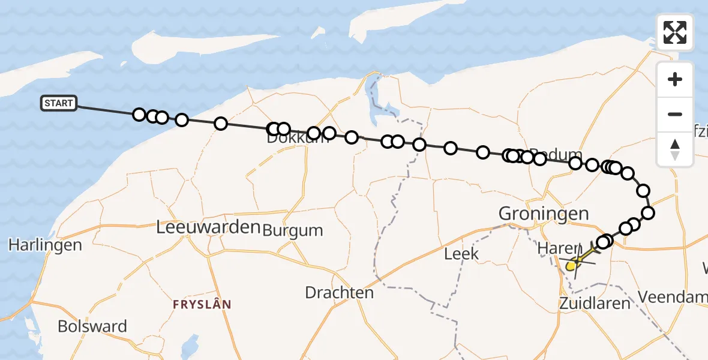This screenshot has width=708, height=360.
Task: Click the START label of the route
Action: click(58, 103)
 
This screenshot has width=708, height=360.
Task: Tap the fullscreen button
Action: click(675, 32)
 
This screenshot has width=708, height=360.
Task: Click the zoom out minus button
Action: click(675, 114)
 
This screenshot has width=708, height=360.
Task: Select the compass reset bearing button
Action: click(675, 149)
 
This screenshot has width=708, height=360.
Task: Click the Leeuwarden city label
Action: click(208, 227)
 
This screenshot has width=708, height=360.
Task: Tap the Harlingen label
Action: click(45, 245)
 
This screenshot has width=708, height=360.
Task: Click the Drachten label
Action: click(339, 293)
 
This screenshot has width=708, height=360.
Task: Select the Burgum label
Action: click(293, 230)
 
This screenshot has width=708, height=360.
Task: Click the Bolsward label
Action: click(92, 326)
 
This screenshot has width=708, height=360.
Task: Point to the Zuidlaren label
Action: click(595, 302)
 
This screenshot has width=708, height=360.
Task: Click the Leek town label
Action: click(461, 254)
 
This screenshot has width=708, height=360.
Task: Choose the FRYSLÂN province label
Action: click(202, 304)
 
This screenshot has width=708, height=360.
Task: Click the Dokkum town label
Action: click(293, 139)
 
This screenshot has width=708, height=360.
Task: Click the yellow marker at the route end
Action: click(571, 265)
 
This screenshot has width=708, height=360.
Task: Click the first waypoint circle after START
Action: click(139, 115)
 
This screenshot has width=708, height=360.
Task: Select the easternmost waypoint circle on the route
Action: click(648, 212)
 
